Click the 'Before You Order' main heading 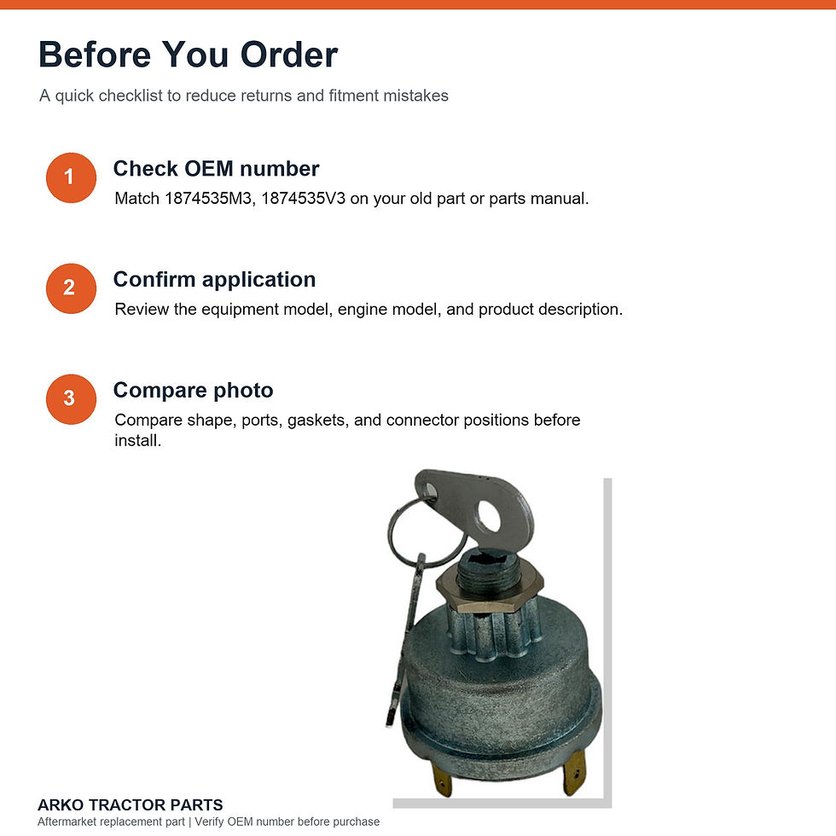189,55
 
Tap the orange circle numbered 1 71,177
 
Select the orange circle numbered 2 71,288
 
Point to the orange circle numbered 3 71,399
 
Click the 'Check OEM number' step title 216,169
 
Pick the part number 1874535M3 208,198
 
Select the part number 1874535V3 303,198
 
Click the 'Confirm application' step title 214,280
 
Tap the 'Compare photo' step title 193,391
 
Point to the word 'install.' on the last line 137,440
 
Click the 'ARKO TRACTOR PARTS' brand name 130,804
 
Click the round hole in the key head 490,515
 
